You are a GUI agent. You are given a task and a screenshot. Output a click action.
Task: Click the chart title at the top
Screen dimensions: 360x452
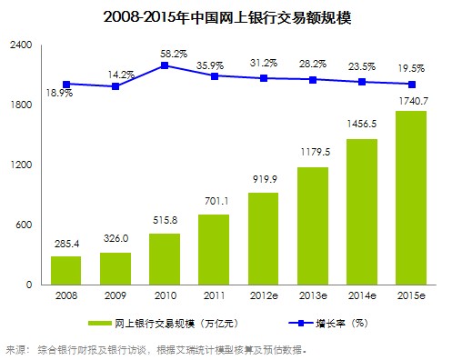click(226, 15)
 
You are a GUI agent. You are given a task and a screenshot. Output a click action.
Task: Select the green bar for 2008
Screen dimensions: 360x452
click(65, 270)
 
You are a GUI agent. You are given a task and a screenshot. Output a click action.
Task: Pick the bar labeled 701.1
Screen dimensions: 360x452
click(214, 249)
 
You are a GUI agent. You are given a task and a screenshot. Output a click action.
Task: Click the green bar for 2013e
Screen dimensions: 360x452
click(313, 225)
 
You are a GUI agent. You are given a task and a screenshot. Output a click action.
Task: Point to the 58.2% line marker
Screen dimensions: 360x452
click(165, 65)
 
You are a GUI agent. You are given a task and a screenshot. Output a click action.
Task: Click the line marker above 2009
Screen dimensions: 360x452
click(115, 86)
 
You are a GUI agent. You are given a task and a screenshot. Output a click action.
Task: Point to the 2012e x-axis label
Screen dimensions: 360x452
click(264, 297)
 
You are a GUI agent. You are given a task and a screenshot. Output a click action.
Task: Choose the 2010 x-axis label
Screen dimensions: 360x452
click(165, 297)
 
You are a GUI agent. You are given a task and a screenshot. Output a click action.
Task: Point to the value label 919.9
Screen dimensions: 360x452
click(264, 181)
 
